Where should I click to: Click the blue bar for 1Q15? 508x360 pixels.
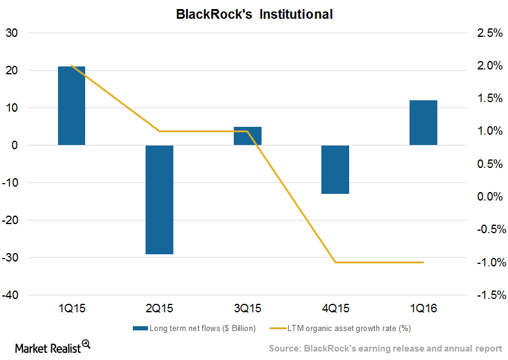click(x=71, y=106)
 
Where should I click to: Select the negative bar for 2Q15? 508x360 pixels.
click(x=159, y=199)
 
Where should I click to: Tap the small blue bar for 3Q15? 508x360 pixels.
click(x=248, y=136)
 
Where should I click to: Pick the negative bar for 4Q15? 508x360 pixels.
click(x=335, y=169)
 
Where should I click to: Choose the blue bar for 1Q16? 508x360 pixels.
click(x=423, y=123)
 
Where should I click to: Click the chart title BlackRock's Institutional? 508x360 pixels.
click(x=254, y=14)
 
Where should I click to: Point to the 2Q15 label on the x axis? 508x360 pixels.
click(x=159, y=309)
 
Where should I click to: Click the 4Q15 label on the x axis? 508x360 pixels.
click(x=335, y=309)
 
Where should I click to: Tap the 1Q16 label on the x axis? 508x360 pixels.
click(x=423, y=309)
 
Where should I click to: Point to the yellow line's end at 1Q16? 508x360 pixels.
click(x=423, y=262)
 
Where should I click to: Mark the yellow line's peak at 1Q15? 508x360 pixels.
click(x=72, y=65)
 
